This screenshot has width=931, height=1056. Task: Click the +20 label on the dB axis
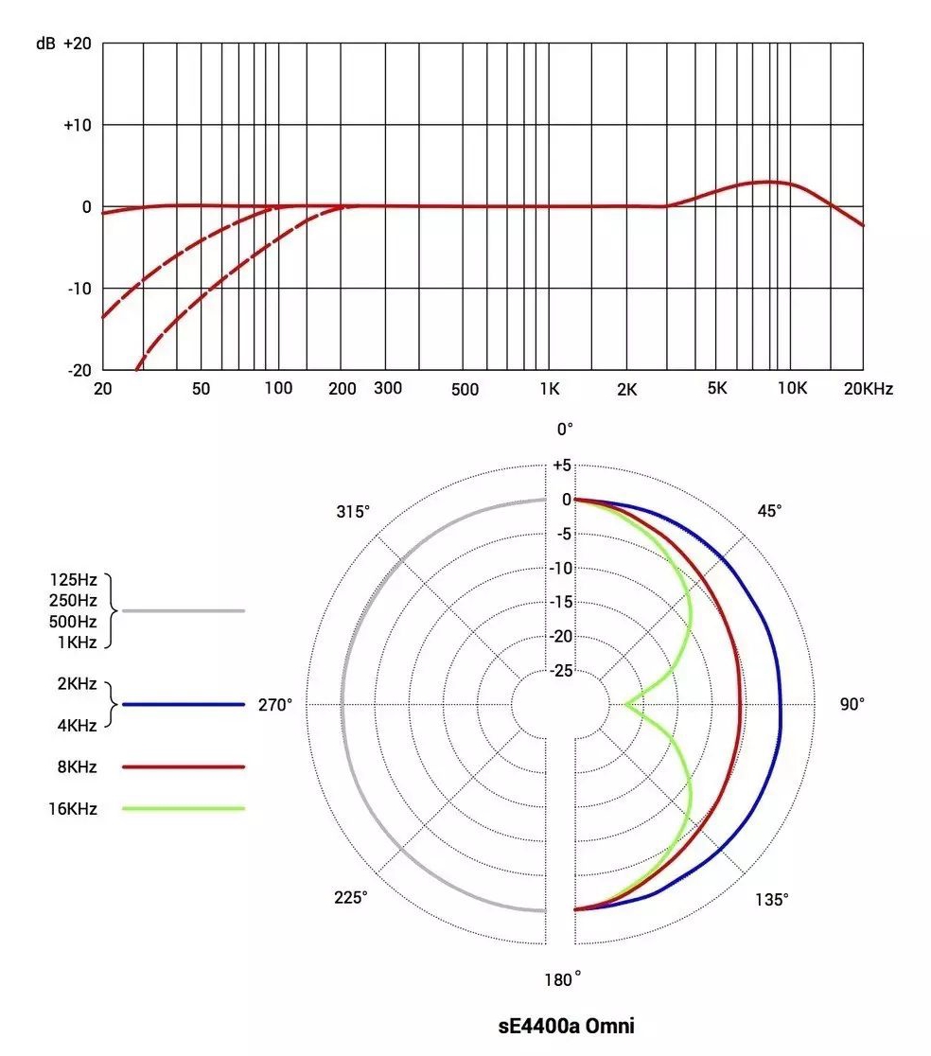coord(77,44)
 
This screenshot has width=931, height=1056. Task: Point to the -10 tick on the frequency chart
coord(79,288)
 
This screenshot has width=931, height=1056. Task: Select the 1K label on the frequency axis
coord(551,388)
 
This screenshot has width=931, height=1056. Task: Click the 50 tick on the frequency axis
coord(201,388)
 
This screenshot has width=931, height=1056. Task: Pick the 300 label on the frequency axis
coord(388,388)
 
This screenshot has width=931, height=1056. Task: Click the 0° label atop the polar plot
coord(565,430)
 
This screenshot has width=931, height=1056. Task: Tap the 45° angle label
coord(770,511)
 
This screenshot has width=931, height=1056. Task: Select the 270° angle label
coord(275,705)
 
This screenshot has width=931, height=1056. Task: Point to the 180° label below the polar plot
coord(564,979)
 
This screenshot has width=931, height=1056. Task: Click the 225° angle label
coord(351,897)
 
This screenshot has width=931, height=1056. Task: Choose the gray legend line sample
coord(184,611)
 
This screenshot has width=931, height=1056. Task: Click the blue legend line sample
coord(184,705)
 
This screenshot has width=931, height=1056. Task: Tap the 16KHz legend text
coord(77,808)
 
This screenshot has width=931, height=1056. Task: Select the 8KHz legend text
coord(80,766)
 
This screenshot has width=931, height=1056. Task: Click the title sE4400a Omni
coord(566,1025)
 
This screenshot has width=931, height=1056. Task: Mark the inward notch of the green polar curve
coord(627,704)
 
